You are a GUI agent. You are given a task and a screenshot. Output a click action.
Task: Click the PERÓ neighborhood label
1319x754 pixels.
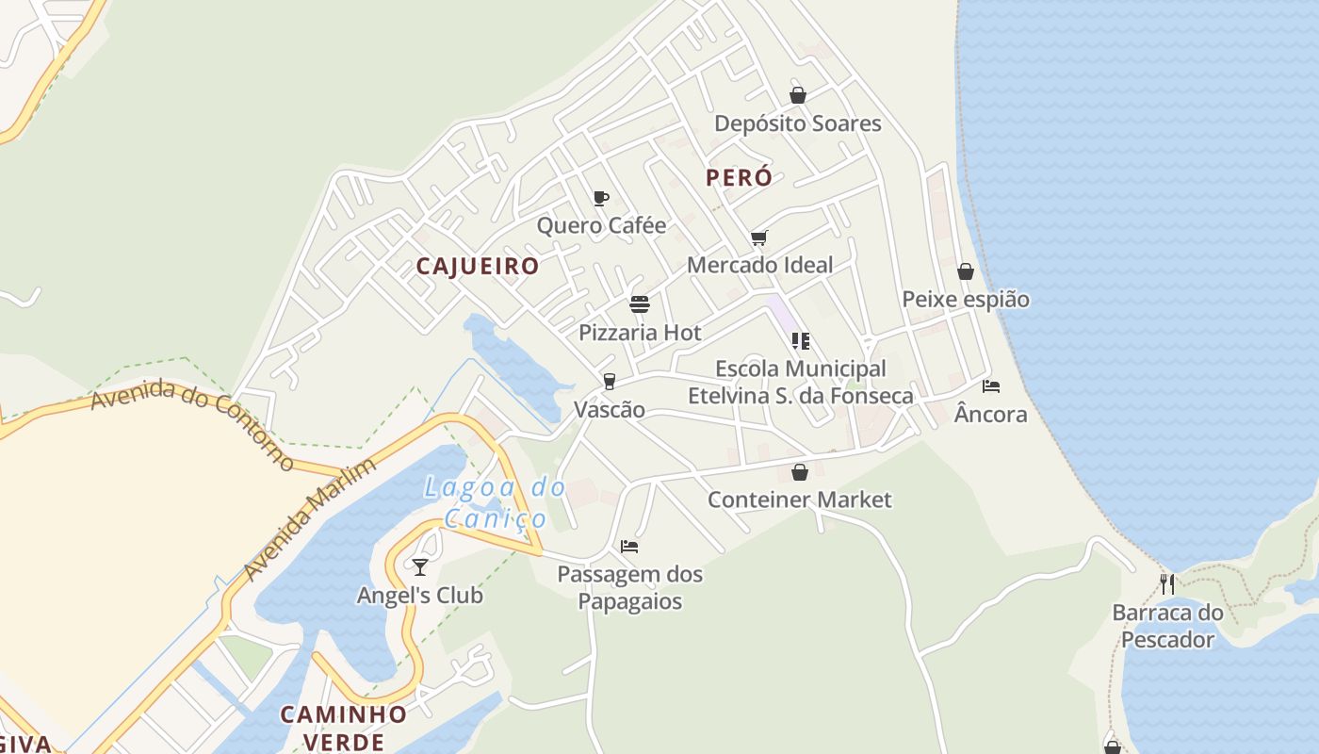click(739, 177)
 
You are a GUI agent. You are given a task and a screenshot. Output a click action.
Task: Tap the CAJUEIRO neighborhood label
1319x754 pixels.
click(478, 267)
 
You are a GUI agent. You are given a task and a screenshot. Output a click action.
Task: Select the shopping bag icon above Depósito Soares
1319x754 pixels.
click(798, 95)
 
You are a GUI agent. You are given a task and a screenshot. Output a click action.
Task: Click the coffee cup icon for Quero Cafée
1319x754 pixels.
click(600, 198)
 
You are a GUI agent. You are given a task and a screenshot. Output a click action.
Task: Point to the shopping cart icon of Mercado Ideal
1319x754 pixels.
click(759, 238)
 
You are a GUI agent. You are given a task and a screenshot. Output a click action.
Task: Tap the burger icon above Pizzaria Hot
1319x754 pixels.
click(640, 304)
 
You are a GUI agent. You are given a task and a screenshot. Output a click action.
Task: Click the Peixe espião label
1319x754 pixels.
click(966, 300)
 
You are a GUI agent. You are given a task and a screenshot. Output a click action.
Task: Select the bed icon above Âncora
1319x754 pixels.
click(991, 386)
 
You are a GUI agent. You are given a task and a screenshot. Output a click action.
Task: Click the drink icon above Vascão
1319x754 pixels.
click(610, 382)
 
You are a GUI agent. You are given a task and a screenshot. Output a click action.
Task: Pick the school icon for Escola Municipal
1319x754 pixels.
click(800, 341)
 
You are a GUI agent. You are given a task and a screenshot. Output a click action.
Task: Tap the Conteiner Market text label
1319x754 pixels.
click(799, 500)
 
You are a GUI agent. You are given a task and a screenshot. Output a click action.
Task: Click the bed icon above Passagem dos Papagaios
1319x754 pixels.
click(629, 547)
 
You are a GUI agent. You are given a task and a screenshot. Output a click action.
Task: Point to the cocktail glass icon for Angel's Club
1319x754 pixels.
click(420, 566)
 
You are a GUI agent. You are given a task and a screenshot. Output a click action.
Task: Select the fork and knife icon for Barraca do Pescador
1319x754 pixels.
click(1167, 584)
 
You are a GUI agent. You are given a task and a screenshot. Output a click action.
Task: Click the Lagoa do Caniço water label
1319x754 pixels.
click(495, 502)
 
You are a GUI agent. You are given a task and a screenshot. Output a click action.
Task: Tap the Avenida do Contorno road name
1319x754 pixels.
click(193, 423)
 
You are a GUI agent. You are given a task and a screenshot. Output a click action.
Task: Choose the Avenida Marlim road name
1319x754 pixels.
click(309, 518)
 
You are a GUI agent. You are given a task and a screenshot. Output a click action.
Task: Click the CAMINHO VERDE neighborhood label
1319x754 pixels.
click(344, 727)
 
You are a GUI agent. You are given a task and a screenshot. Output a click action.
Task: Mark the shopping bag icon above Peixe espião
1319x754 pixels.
click(966, 272)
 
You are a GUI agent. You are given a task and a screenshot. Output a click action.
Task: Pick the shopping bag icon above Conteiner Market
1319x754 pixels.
click(800, 472)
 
